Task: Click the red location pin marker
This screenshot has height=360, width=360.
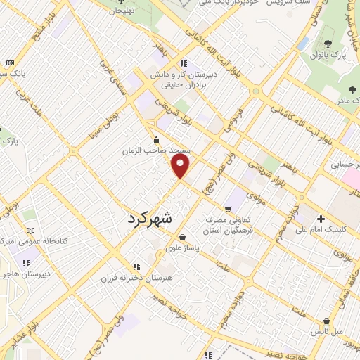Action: tap(181, 166)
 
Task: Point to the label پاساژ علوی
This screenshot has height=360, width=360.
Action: tap(182, 247)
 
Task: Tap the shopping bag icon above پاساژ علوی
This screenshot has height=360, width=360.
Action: tap(183, 237)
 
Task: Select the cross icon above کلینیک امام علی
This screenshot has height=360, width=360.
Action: tap(321, 219)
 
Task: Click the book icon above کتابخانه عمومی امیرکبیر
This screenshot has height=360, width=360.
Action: tap(30, 230)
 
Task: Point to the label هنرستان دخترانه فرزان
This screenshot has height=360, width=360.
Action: tap(136, 278)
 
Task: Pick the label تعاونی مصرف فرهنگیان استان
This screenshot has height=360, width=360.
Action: tap(233, 224)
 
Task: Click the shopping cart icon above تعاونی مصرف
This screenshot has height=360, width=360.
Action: tap(228, 209)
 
